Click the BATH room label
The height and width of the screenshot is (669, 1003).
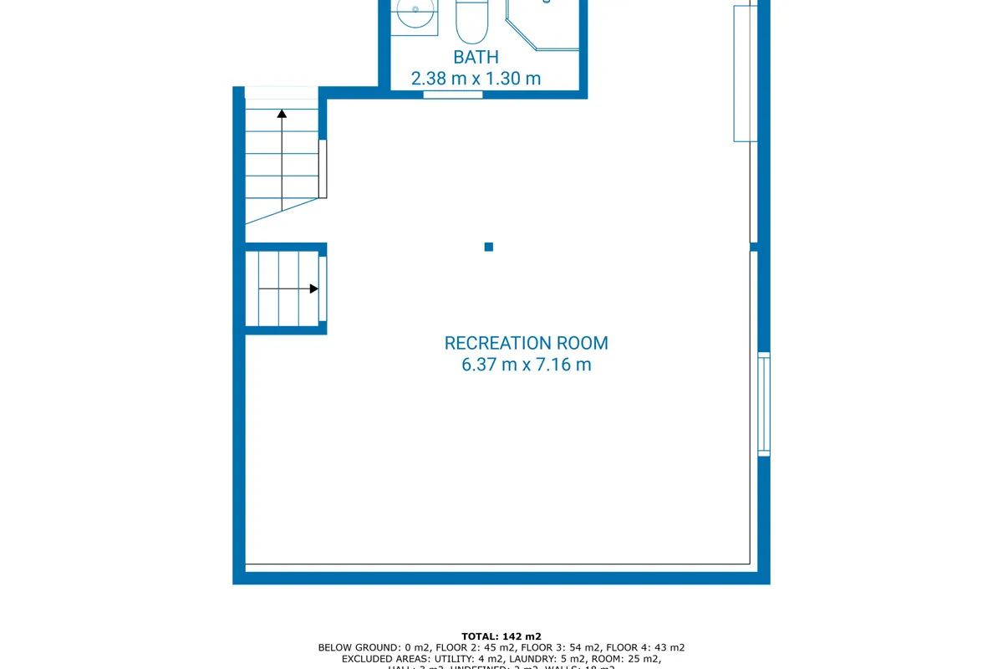pos(476,57)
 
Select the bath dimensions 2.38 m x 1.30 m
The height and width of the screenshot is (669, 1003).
pos(476,79)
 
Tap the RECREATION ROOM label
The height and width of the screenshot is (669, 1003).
pos(526,343)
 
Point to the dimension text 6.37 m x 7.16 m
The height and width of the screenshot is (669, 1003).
pos(526,365)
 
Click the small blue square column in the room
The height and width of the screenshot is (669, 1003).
pos(489,247)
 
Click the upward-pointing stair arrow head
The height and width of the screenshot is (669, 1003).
pos(282,114)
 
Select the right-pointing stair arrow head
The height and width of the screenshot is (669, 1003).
pos(313,289)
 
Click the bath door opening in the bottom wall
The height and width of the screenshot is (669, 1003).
pos(453,94)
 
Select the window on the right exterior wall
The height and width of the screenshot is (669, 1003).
pos(763,404)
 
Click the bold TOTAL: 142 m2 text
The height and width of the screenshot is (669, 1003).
pos(501,636)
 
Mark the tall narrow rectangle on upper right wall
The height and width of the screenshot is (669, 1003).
pos(745,74)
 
